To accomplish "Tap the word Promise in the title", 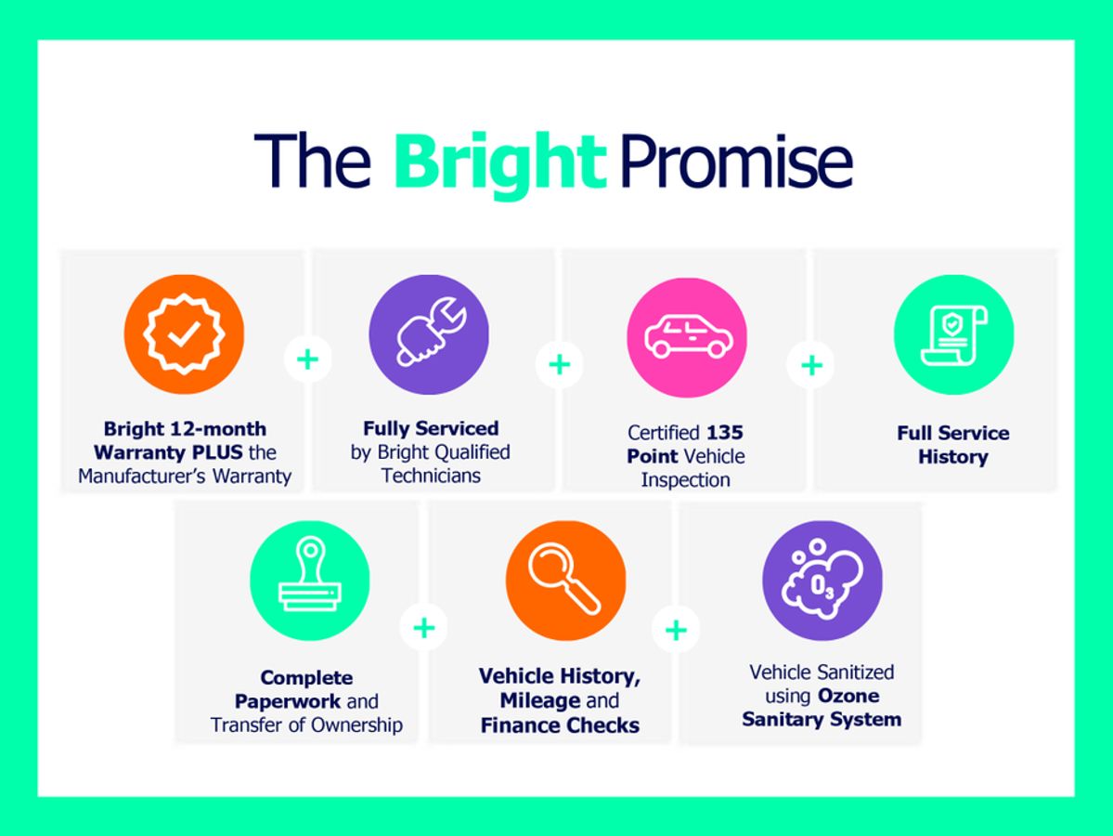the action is pyautogui.click(x=736, y=162).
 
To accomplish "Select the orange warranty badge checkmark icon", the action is pyautogui.click(x=184, y=333).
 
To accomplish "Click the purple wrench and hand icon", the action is pyautogui.click(x=429, y=333).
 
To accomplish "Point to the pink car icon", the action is pyautogui.click(x=686, y=337).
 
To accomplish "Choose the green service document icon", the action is pyautogui.click(x=953, y=334).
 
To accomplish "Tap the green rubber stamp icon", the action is pyautogui.click(x=309, y=581).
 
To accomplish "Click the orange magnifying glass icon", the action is pyautogui.click(x=565, y=581).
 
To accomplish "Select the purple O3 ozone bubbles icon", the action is pyautogui.click(x=822, y=581).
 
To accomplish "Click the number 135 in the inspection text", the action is pyautogui.click(x=724, y=433).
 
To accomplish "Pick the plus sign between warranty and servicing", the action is pyautogui.click(x=307, y=359).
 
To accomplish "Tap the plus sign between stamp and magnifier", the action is pyautogui.click(x=424, y=628).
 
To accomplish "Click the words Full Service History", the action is pyautogui.click(x=952, y=445).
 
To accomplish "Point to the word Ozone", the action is pyautogui.click(x=848, y=696).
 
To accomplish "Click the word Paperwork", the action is pyautogui.click(x=288, y=701).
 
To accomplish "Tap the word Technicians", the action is pyautogui.click(x=431, y=476).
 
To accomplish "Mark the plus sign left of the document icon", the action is pyautogui.click(x=811, y=365).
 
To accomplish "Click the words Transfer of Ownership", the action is pyautogui.click(x=306, y=725).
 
